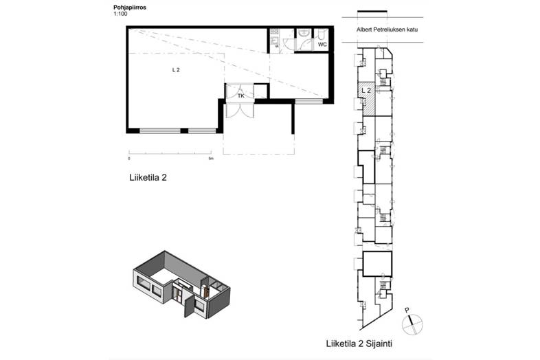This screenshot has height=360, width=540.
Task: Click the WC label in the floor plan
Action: point(322,45)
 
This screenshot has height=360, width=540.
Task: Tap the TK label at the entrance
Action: point(240,95)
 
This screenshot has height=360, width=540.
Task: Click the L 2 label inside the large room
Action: point(176,70)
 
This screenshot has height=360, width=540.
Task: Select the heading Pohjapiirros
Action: point(130,8)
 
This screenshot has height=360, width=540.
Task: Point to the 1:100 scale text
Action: point(120,14)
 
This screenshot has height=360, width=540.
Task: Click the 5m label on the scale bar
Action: point(211,159)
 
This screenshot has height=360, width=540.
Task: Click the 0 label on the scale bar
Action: point(129,159)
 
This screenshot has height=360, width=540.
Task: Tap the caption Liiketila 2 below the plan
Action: point(148,178)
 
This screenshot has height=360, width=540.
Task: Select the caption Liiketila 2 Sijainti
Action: point(359,344)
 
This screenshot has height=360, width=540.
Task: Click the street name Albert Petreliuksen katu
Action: point(387,30)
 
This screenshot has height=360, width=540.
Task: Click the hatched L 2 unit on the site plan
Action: point(366,99)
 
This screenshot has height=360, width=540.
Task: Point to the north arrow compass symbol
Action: point(413,324)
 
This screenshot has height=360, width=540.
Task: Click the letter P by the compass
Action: point(407,311)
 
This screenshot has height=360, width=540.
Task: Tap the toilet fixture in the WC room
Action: point(322,34)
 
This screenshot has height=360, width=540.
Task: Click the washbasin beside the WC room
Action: point(304,33)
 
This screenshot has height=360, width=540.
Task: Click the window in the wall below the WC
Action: point(309,101)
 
